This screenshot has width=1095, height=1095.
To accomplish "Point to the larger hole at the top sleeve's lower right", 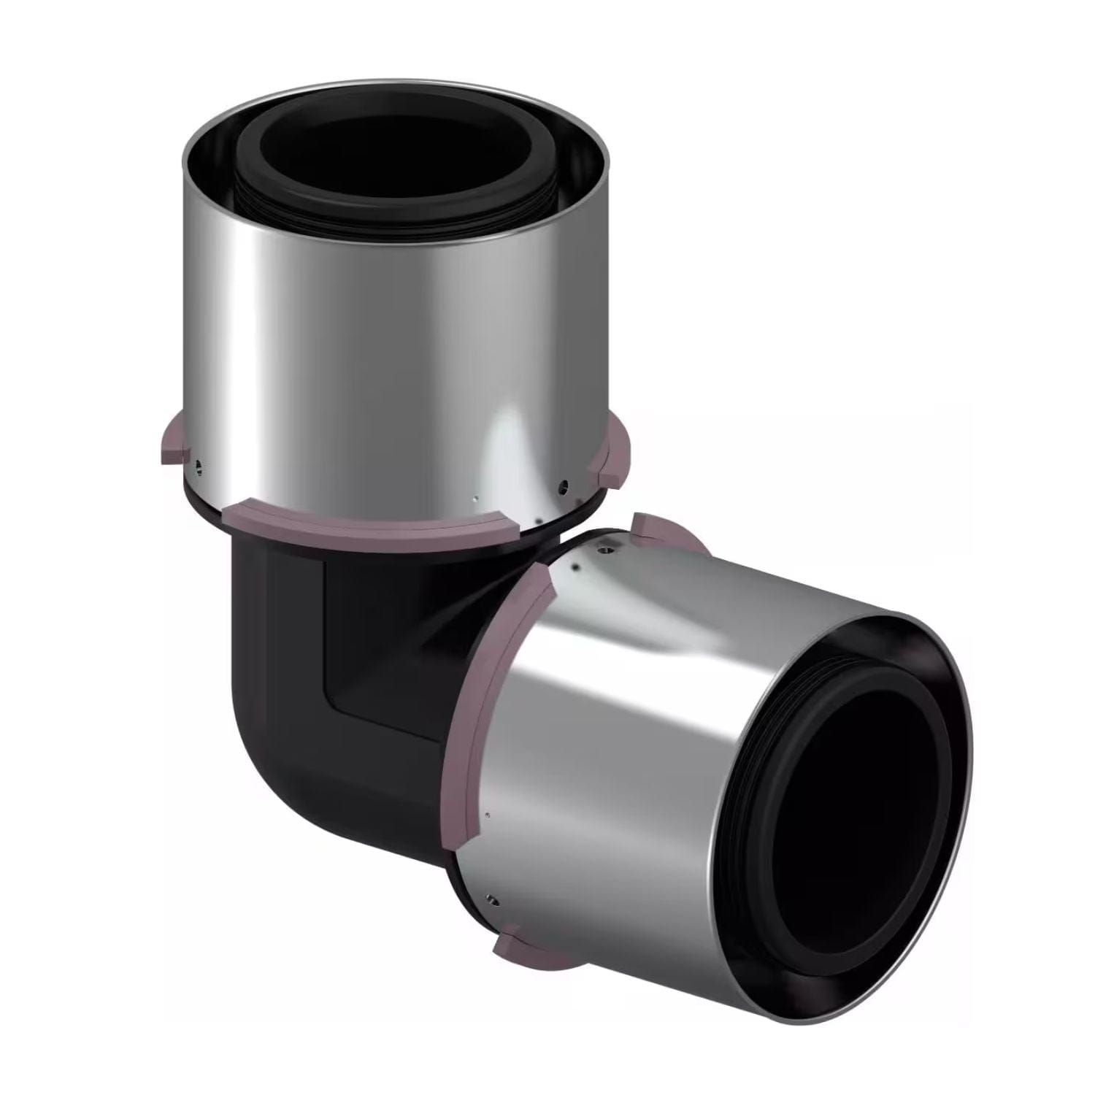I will coord(561,485).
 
